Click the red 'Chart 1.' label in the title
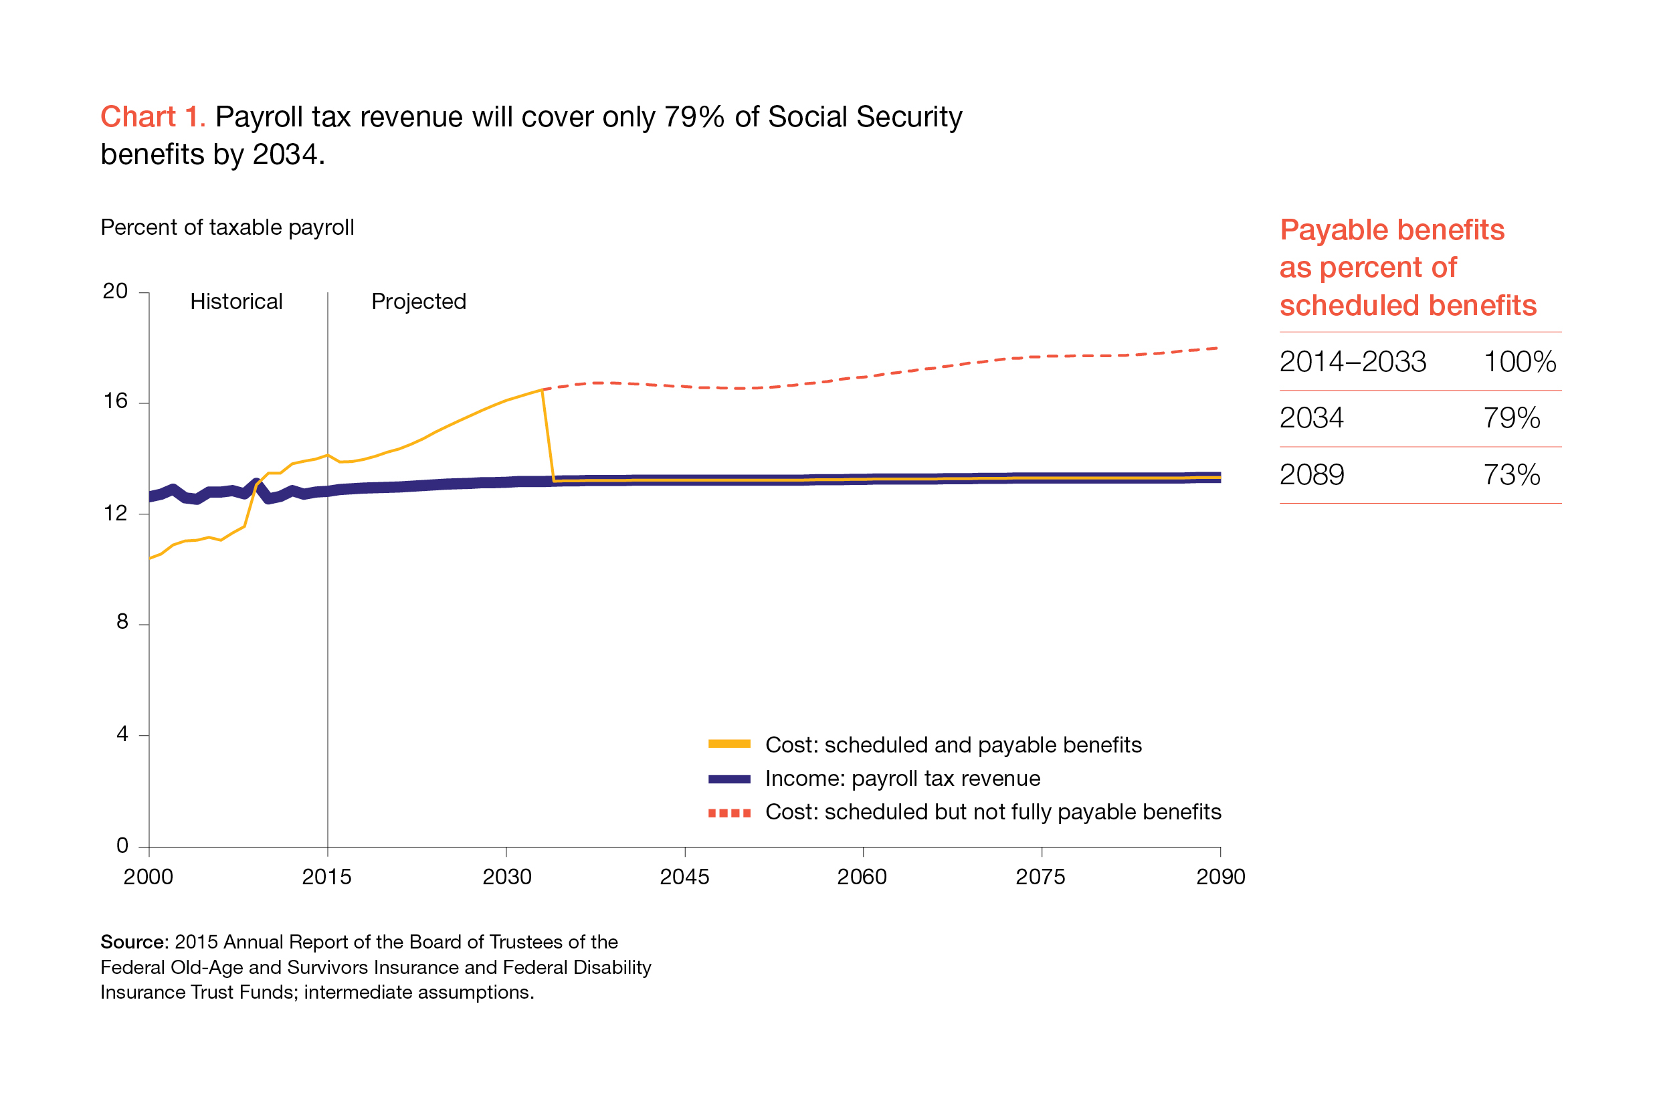(153, 116)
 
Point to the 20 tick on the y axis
(115, 292)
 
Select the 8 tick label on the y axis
(122, 621)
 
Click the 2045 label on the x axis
(684, 876)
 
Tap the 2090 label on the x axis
(1220, 876)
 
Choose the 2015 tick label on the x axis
(326, 876)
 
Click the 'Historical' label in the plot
(236, 301)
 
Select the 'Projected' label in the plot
(418, 301)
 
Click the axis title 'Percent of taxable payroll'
(227, 227)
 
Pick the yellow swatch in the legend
(728, 744)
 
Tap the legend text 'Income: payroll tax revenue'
(902, 778)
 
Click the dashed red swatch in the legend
(728, 813)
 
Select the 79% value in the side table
(1510, 419)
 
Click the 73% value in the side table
(1510, 476)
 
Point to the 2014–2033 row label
(1352, 363)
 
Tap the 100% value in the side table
(1519, 363)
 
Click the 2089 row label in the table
(1311, 476)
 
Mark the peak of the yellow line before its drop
(542, 390)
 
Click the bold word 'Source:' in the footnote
(134, 942)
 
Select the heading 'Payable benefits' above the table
(1391, 230)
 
